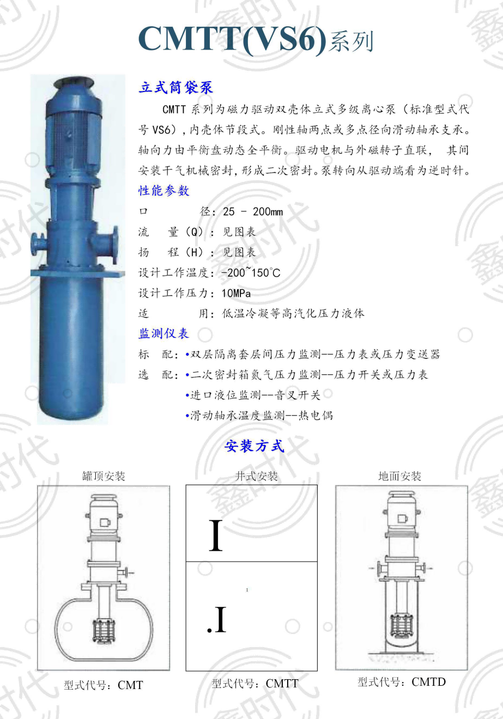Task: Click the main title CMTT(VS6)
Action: pos(232,39)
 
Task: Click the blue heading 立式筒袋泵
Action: pos(175,87)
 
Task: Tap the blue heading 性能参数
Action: pos(164,191)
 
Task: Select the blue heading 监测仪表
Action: pos(164,333)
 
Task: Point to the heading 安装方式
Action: pos(254,446)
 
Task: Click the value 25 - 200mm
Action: pos(253,212)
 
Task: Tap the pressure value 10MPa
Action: pos(236,294)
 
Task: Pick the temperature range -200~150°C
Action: pos(251,273)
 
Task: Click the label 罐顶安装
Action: pos(104,476)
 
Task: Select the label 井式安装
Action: pos(256,476)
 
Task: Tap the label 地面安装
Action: pos(399,476)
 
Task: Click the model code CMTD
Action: pos(428,681)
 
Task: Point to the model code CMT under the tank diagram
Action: pos(130,685)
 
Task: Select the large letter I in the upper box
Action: pos(215,535)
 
